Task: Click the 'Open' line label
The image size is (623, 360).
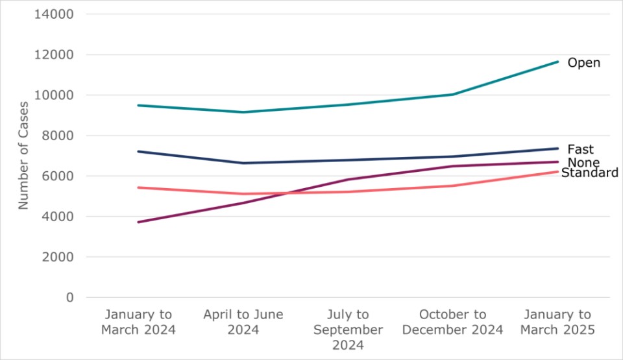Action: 583,63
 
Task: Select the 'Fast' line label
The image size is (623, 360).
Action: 580,149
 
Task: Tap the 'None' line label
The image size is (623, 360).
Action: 583,162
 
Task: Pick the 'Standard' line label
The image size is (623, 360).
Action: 589,173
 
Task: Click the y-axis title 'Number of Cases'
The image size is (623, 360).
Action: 23,155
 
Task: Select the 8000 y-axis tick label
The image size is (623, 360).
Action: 56,136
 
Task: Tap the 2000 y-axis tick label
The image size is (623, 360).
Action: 56,257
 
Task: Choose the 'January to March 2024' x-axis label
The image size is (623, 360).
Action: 138,322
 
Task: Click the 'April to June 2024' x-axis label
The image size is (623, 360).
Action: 243,322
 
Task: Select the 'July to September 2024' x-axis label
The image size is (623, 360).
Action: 348,330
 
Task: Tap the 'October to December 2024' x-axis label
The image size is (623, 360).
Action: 452,322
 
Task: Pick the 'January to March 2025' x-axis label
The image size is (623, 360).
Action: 557,322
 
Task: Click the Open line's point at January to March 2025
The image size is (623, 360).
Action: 557,62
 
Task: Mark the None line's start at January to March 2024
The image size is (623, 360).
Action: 138,222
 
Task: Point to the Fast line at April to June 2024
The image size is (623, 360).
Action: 243,163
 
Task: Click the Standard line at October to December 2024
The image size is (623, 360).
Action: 452,186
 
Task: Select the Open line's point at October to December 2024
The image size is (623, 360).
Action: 452,94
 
